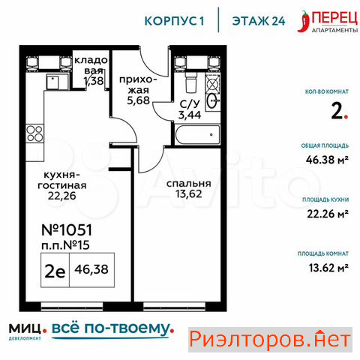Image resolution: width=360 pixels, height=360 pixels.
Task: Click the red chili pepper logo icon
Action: point(304,21)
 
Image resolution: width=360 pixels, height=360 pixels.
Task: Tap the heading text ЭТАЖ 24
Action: point(259,21)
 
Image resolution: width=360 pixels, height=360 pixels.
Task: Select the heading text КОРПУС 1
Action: point(174,21)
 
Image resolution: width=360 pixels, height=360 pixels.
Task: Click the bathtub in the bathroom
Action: point(197,135)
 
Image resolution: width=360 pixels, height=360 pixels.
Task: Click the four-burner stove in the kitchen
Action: point(34,133)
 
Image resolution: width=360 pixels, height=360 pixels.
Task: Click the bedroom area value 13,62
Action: point(189,193)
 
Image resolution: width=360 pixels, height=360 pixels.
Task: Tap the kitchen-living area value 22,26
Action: point(61,196)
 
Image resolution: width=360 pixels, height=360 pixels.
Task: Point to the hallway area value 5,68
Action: point(138,100)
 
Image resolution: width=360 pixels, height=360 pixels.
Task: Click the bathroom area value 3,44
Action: point(190,115)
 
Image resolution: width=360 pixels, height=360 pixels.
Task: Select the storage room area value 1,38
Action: point(94,80)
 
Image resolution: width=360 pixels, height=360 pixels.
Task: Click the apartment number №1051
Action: point(67,229)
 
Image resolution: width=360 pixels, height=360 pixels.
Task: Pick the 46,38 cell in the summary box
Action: point(91,269)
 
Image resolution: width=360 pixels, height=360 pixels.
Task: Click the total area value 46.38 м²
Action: point(327,160)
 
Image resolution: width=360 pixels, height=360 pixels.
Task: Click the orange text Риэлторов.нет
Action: point(270,340)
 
